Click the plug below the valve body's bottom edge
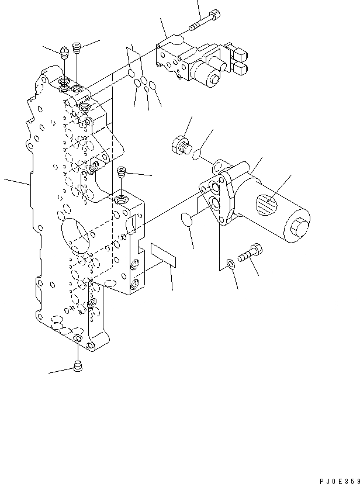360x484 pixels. click(x=78, y=367)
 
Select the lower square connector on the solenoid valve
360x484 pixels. click(x=240, y=68)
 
